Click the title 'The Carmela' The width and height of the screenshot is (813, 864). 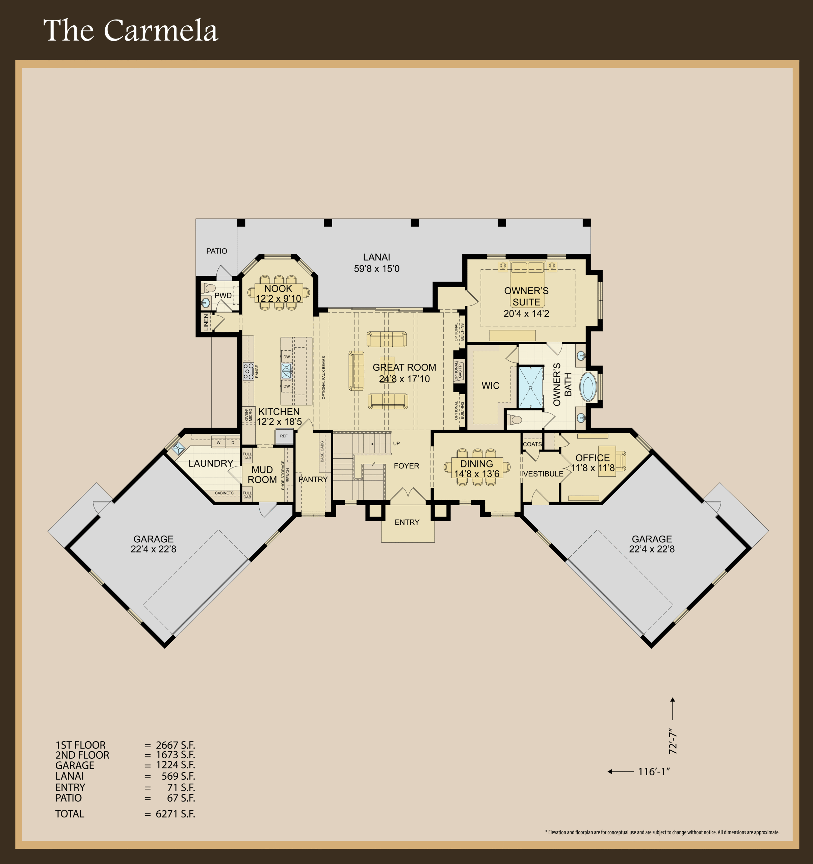(x=130, y=30)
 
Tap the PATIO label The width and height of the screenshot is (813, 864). (x=216, y=251)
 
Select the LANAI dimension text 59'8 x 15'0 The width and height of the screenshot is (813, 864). (x=376, y=269)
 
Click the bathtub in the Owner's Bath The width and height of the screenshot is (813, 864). (x=588, y=386)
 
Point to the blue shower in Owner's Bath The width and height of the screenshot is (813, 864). (x=531, y=387)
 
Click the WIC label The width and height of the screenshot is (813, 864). (x=491, y=385)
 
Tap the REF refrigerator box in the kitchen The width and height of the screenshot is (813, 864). (x=284, y=436)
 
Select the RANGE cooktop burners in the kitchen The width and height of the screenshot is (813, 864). (x=248, y=372)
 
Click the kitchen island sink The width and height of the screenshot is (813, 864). (x=287, y=371)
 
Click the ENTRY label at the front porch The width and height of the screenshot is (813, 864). (x=407, y=522)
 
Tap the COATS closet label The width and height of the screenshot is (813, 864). (x=532, y=444)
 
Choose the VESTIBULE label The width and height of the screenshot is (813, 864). (x=544, y=474)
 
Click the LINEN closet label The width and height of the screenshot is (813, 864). (x=206, y=322)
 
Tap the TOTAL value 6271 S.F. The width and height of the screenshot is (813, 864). (x=176, y=814)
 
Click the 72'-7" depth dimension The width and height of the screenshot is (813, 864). (x=673, y=741)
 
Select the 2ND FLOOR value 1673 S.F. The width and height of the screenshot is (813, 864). (x=176, y=755)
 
